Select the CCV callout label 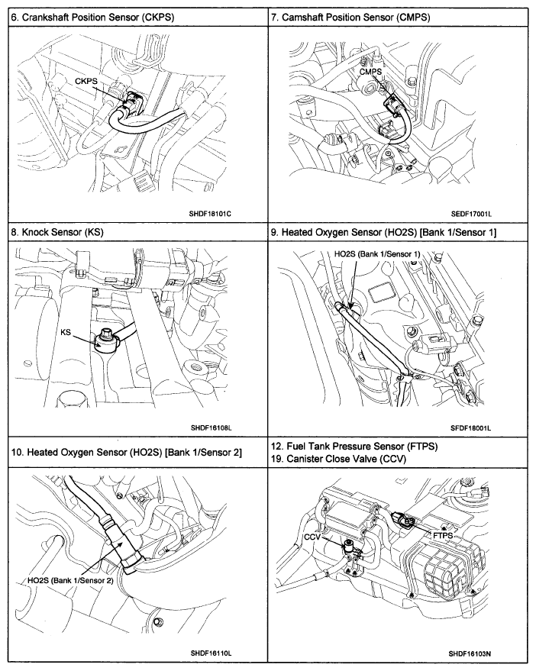click(x=314, y=537)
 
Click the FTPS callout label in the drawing click(x=444, y=536)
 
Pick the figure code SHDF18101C click(x=211, y=214)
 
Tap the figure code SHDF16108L click(x=211, y=427)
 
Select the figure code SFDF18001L click(x=471, y=427)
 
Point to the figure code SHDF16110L click(x=211, y=653)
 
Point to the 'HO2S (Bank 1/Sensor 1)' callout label click(x=378, y=253)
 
